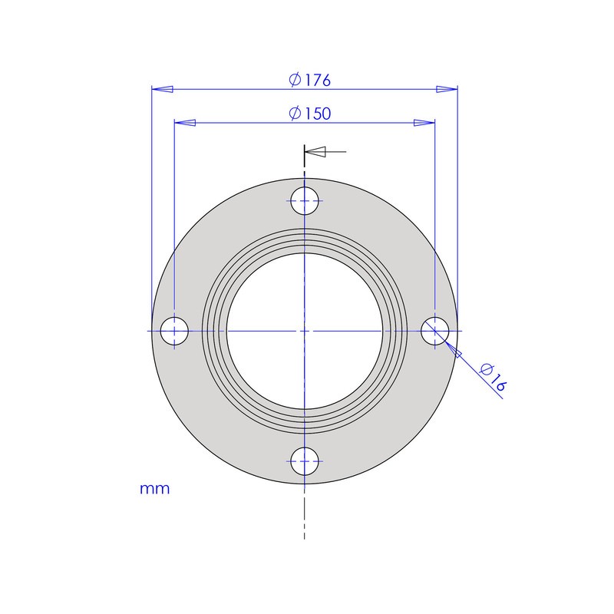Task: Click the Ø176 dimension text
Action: tap(310, 80)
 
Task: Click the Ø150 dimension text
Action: tap(310, 114)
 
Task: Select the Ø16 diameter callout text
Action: tap(492, 378)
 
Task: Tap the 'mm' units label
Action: tap(154, 488)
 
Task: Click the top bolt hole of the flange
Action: tap(305, 201)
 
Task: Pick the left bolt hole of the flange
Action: tap(175, 331)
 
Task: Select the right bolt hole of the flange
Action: tap(434, 331)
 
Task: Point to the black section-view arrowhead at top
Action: tap(317, 152)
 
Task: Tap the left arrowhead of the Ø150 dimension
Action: tap(185, 123)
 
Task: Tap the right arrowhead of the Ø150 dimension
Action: tap(424, 123)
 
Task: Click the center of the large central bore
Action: tap(305, 331)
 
